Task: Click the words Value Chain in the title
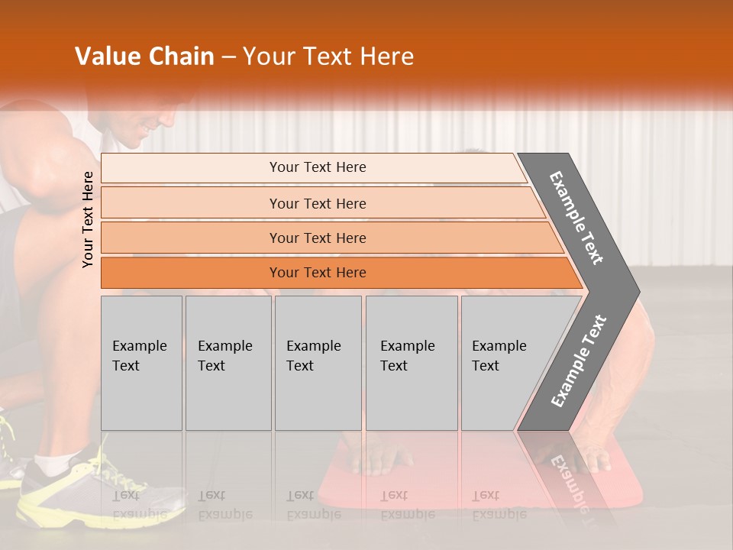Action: point(144,57)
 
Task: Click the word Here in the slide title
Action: point(386,57)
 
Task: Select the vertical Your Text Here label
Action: point(88,219)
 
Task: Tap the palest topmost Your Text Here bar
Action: point(317,167)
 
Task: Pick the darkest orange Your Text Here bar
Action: point(317,273)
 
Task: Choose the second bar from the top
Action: point(317,203)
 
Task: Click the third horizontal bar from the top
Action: point(317,238)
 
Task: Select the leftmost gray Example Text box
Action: point(141,363)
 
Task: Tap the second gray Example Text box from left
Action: point(228,363)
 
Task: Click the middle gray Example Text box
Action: point(318,363)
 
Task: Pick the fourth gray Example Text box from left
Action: point(412,363)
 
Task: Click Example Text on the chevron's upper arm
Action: point(576,218)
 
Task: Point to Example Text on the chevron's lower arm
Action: point(578,361)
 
